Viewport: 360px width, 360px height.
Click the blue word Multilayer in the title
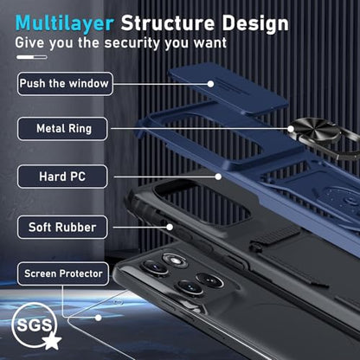65,23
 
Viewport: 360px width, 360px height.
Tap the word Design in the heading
255,23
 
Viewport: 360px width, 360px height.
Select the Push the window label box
65,84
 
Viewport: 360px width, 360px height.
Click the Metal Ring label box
62,129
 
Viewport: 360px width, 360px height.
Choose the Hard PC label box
62,177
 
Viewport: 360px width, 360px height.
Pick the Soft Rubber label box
62,228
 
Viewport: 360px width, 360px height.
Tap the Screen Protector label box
63,273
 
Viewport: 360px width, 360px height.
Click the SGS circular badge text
34,325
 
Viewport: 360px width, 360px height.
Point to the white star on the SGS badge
52,340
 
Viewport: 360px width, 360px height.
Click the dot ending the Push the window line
211,84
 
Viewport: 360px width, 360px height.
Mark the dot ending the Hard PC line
218,177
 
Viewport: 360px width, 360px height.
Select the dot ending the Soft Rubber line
170,228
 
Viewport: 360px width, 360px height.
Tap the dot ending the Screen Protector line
99,318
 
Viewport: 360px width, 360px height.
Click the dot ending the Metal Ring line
291,129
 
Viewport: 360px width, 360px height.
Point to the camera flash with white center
175,260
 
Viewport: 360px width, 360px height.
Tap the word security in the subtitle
132,43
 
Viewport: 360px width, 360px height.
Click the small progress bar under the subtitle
32,57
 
